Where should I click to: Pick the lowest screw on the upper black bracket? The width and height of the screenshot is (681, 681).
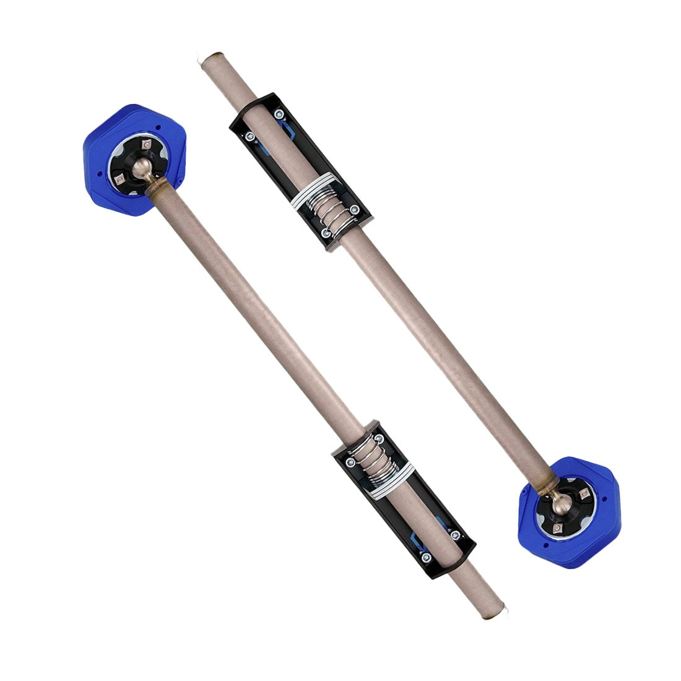click(x=326, y=233)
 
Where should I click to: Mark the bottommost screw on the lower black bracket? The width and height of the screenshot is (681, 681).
click(x=425, y=557)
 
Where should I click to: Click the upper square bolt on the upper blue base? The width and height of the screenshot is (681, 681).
click(x=146, y=144)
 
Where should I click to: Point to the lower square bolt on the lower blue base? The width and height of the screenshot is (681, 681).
click(x=557, y=527)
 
